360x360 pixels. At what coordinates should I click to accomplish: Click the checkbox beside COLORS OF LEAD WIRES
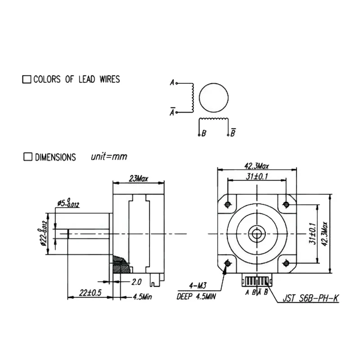coord(27,79)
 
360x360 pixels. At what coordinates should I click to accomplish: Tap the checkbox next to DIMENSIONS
coord(28,157)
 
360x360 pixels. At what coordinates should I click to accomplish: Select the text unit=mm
coord(109,157)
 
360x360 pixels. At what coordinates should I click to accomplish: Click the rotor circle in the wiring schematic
coord(213,98)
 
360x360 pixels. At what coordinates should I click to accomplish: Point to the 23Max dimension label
coord(139,178)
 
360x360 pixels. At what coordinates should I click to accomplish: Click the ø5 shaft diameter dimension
coord(68,203)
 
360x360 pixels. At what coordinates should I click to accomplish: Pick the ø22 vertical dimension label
coord(43,234)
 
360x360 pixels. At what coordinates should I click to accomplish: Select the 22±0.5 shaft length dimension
coord(90,293)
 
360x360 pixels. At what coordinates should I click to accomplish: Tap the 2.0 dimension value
coord(136,282)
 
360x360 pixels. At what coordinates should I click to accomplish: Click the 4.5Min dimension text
coord(142,297)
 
